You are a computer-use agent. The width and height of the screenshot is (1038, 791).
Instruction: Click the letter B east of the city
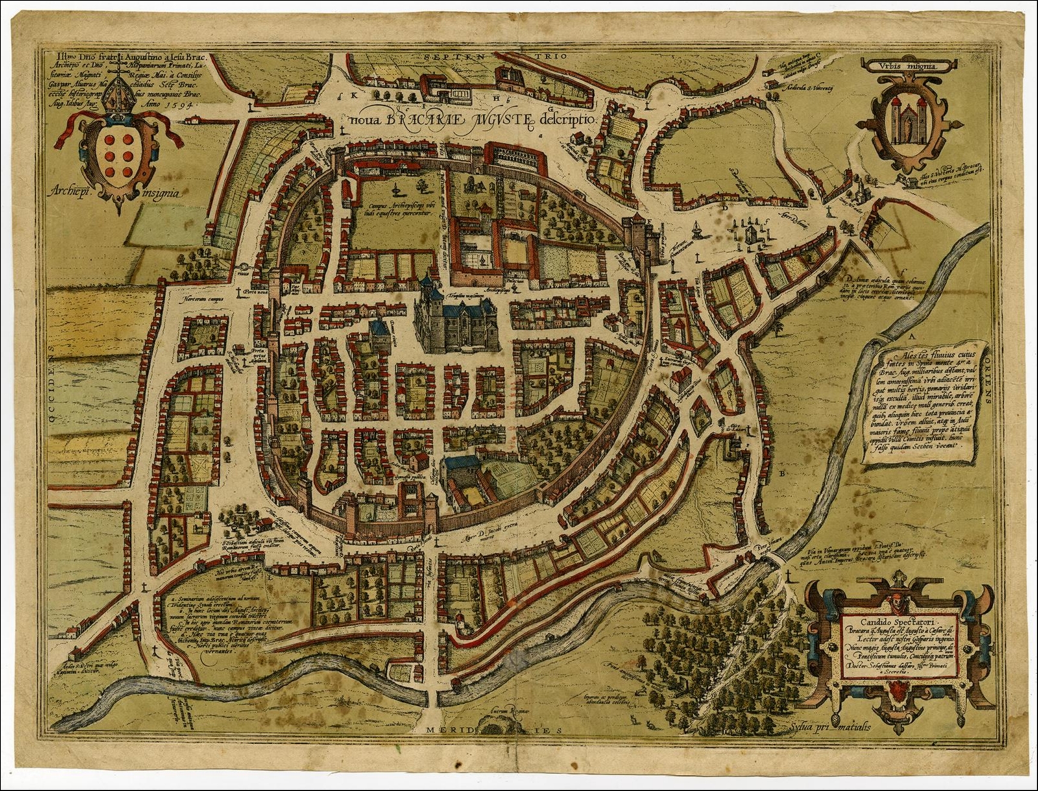(783, 474)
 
